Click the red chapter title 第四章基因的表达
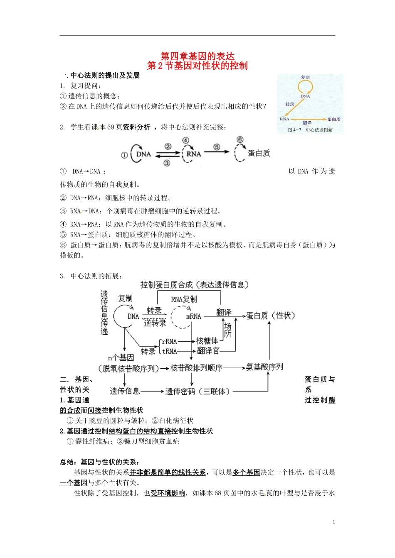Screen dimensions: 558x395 tap(197, 56)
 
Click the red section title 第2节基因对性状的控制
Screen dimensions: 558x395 tap(197, 66)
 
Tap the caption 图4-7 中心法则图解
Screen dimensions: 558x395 tap(310, 130)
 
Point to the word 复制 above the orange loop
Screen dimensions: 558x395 tap(305, 78)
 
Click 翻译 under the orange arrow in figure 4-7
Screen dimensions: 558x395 tap(307, 123)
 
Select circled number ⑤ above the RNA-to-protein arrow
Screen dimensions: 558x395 tap(217, 147)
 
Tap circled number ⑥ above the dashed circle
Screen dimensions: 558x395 tap(240, 140)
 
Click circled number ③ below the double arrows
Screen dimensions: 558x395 tap(167, 163)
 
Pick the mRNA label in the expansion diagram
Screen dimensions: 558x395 tap(194, 316)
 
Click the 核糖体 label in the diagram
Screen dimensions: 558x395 tap(207, 341)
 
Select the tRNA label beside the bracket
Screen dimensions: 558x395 tap(170, 351)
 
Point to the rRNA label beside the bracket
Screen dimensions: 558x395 tap(170, 342)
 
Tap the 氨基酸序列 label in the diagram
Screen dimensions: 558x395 tap(264, 367)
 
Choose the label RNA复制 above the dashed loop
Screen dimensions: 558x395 tap(184, 299)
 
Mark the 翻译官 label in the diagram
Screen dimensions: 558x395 tap(208, 351)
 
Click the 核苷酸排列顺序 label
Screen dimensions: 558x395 tap(196, 368)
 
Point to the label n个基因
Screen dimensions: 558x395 tap(121, 358)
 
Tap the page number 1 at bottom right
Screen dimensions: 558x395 tap(334, 522)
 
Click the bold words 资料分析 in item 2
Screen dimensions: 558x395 tap(136, 127)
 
